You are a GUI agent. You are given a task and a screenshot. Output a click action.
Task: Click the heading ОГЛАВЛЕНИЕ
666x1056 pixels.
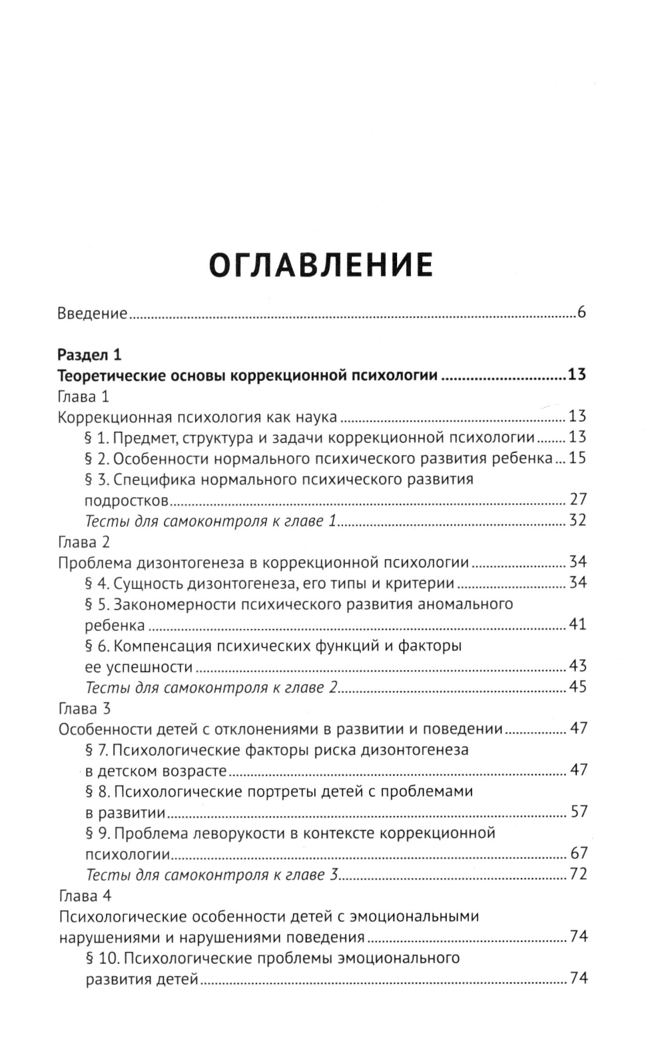(x=321, y=265)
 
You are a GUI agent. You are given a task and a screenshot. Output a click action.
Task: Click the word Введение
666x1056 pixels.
(x=93, y=312)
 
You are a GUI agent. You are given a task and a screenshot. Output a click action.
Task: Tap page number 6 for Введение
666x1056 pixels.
(x=581, y=312)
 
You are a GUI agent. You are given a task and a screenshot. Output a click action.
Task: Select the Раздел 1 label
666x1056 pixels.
(x=90, y=354)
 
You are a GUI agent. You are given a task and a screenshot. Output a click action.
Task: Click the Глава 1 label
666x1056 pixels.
(x=84, y=396)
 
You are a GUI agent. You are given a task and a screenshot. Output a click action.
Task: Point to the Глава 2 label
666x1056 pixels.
(x=85, y=542)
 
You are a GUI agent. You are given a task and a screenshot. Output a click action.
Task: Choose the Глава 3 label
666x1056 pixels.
(x=85, y=708)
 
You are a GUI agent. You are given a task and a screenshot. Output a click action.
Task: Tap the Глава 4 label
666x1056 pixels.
(x=85, y=895)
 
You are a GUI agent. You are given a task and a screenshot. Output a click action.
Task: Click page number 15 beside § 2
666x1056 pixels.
(x=577, y=458)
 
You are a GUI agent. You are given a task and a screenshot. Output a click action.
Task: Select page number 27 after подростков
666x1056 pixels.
(x=577, y=500)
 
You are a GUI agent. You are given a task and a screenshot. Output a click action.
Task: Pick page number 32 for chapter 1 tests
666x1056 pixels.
(x=577, y=520)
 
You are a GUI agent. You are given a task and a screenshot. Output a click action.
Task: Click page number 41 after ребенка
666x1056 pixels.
(x=577, y=624)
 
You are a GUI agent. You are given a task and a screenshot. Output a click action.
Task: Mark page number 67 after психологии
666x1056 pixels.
(x=577, y=853)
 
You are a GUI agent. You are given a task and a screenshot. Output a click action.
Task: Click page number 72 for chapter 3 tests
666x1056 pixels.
(x=577, y=873)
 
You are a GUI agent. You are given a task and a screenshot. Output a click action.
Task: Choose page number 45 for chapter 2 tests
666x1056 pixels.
(x=577, y=686)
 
